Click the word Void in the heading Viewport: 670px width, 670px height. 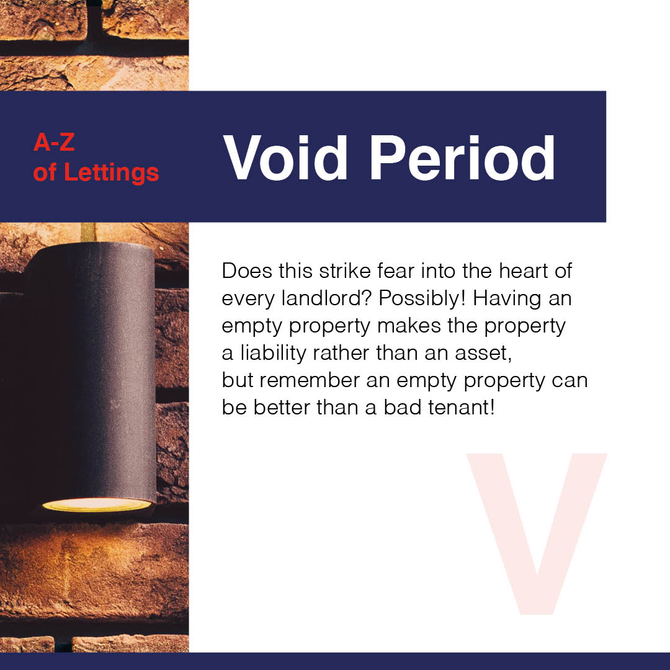pyautogui.click(x=285, y=158)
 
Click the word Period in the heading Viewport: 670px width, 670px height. pyautogui.click(x=462, y=158)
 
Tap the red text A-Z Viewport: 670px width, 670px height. pyautogui.click(x=54, y=142)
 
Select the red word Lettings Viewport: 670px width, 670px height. pyautogui.click(x=111, y=172)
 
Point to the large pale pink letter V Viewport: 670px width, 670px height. pyautogui.click(x=537, y=534)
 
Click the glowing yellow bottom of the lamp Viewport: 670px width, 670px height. pyautogui.click(x=97, y=505)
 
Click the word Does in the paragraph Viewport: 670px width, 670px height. pyautogui.click(x=247, y=271)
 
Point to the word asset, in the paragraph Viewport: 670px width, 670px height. pyautogui.click(x=483, y=354)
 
